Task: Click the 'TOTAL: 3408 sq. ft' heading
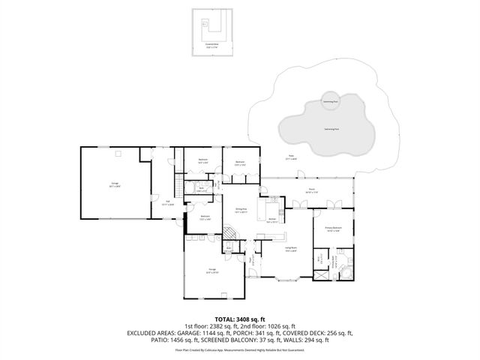(x=239, y=319)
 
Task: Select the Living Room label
(x=291, y=247)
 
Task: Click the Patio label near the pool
(x=290, y=158)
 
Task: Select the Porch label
(x=311, y=191)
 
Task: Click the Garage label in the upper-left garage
(x=115, y=184)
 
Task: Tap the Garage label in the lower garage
(x=212, y=271)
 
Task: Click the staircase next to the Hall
(x=178, y=184)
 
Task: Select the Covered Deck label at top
(x=212, y=44)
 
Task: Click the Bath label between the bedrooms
(x=202, y=190)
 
